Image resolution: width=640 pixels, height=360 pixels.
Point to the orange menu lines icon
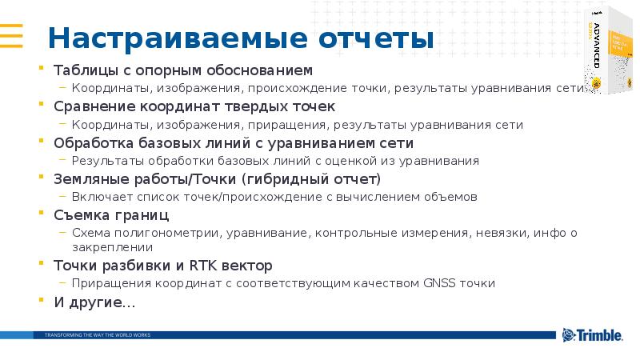pyautogui.click(x=11, y=36)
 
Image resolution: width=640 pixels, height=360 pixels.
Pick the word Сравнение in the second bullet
pyautogui.click(x=89, y=106)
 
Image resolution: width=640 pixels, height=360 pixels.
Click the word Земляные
pyautogui.click(x=86, y=179)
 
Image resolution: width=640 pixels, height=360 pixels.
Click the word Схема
pyautogui.click(x=86, y=233)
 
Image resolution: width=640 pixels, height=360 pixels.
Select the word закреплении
pyautogui.click(x=108, y=247)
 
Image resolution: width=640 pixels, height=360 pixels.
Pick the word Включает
pyautogui.click(x=97, y=197)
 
